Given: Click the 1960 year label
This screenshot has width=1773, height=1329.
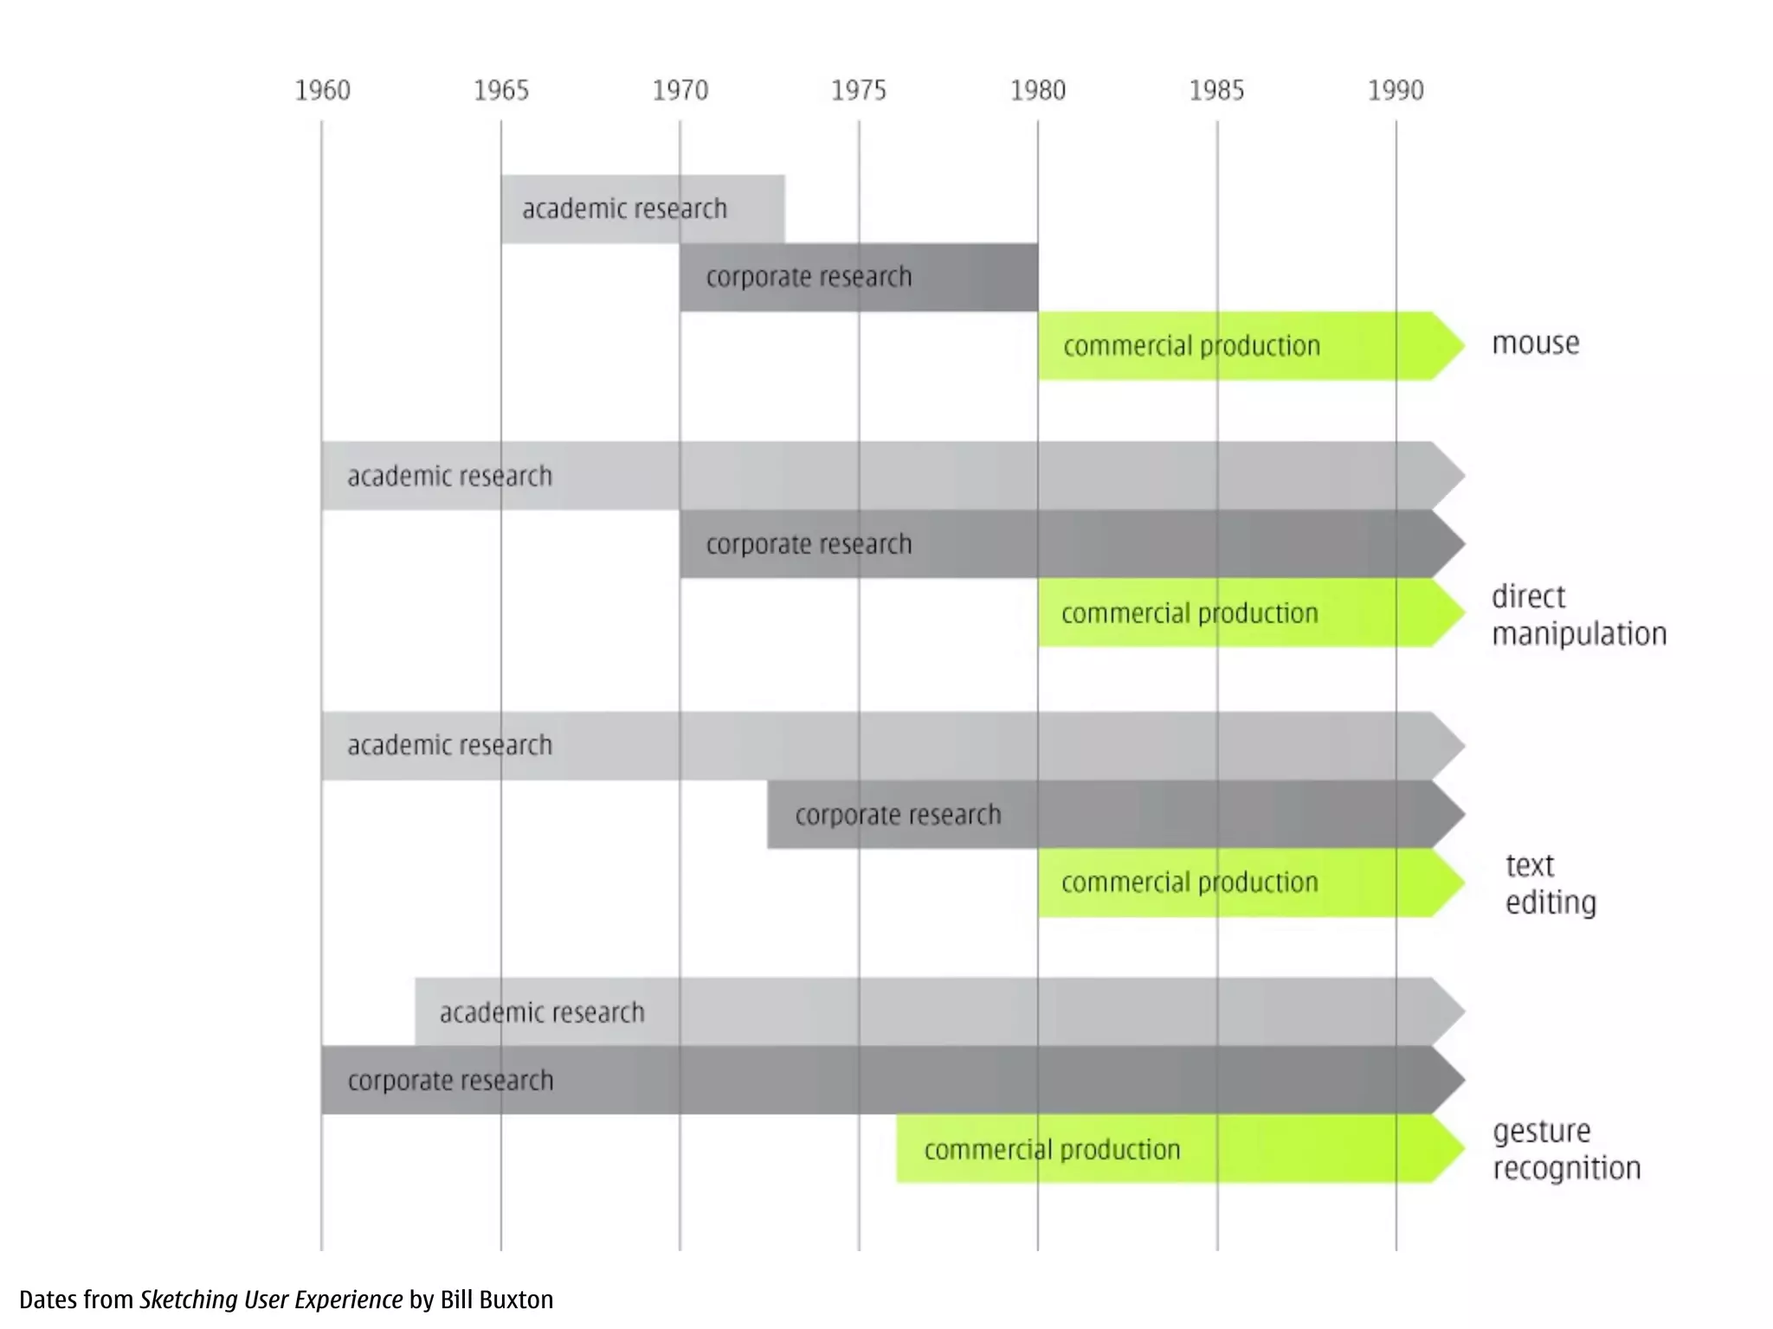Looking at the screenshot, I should (x=322, y=90).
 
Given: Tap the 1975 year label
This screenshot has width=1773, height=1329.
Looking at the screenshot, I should (x=859, y=90).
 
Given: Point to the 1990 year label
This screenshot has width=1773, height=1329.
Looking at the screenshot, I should (x=1396, y=90).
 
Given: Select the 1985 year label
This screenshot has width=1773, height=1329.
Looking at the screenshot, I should (x=1216, y=90).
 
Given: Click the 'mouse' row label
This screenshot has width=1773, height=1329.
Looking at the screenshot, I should (x=1535, y=343).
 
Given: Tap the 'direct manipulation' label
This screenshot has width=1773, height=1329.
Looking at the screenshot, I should (x=1578, y=615).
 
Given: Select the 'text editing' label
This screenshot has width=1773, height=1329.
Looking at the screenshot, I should (x=1550, y=883).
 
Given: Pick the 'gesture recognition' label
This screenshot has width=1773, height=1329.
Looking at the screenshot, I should (x=1566, y=1150).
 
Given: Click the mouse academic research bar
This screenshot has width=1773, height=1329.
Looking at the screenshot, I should (x=642, y=209).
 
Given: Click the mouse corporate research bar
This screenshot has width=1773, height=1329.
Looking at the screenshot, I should (x=858, y=277).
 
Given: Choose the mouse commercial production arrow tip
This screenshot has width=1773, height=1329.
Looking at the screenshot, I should (x=1450, y=345).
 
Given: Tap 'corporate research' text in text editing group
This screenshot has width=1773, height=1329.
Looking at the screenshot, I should (x=898, y=815).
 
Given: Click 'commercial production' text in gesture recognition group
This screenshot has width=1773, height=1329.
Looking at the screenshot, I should (x=1052, y=1150).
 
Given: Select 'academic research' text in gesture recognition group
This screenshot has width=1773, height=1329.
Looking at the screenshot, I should (x=542, y=1012).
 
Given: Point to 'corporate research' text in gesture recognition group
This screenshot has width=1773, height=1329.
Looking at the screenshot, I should (x=450, y=1081).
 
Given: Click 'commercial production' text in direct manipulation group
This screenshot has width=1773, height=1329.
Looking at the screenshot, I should (x=1190, y=613).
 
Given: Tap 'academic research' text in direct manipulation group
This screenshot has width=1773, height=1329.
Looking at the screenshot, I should (x=449, y=476).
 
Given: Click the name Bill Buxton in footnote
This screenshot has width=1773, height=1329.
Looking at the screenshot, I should (x=496, y=1300).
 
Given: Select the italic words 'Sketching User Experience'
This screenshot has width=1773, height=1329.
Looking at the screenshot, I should (x=271, y=1300).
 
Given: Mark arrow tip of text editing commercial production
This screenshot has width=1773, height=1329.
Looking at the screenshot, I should (x=1450, y=883).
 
